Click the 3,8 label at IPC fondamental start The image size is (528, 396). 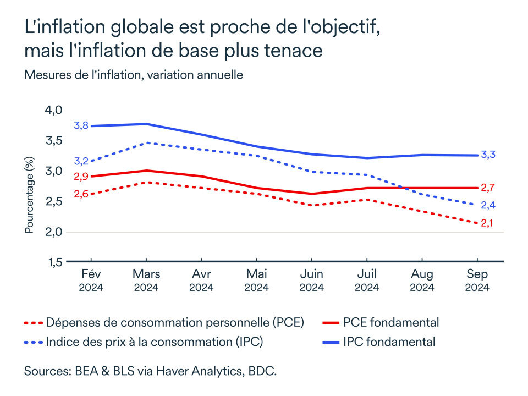(81, 126)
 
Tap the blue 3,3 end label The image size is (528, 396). (488, 155)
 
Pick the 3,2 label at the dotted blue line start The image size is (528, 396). (81, 161)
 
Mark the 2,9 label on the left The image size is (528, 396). (81, 176)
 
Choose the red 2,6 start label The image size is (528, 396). (81, 194)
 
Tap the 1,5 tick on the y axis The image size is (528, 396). (53, 262)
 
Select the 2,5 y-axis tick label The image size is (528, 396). (53, 201)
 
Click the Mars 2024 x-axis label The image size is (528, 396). (146, 280)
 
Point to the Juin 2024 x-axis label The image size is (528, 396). (311, 280)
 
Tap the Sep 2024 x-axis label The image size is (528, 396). (477, 280)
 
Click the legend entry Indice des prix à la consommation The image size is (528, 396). (155, 342)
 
